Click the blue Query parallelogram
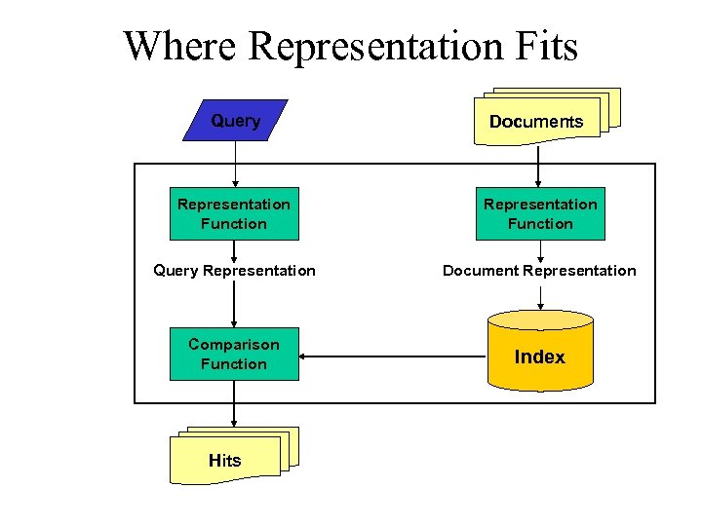tap(235, 121)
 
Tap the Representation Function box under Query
tap(234, 214)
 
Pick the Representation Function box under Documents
tap(540, 214)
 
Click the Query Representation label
tap(234, 271)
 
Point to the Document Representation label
tap(539, 271)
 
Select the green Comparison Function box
tap(234, 355)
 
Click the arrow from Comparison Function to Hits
tap(234, 403)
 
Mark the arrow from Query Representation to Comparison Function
tap(234, 307)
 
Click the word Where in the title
tap(180, 46)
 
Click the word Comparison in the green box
tap(234, 345)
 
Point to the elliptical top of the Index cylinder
tap(539, 319)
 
